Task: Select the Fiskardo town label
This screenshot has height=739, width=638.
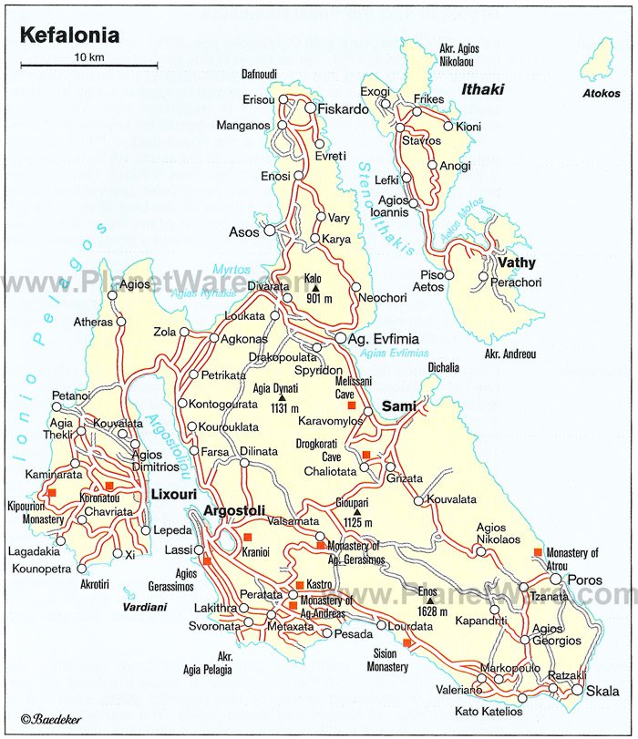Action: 344,108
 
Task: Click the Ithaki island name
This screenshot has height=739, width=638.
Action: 482,89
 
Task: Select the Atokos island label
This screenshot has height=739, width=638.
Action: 602,93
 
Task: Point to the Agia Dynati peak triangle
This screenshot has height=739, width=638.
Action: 283,397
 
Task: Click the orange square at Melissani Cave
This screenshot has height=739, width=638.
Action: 339,405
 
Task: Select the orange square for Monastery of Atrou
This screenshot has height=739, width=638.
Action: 539,552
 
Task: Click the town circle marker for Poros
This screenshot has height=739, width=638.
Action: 556,580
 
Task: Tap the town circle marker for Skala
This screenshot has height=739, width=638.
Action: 577,690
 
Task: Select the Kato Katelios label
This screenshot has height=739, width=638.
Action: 489,710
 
